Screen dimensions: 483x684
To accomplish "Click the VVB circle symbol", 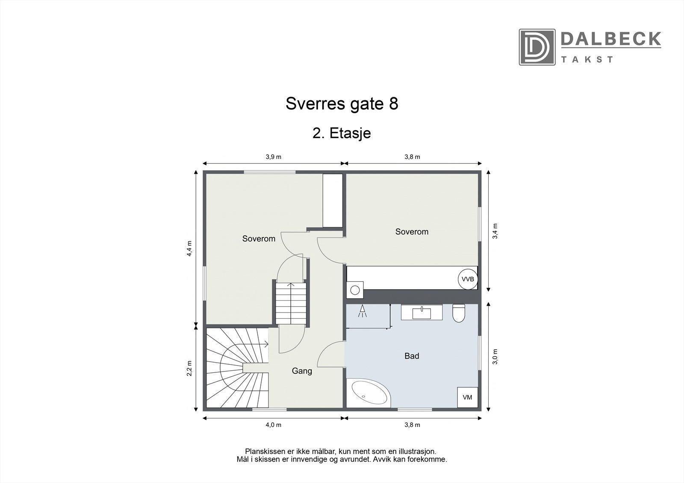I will pyautogui.click(x=468, y=279).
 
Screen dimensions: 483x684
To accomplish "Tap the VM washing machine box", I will pyautogui.click(x=467, y=397).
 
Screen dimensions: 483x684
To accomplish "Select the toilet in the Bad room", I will pyautogui.click(x=458, y=313).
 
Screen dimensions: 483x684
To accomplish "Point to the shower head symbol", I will pyautogui.click(x=363, y=311).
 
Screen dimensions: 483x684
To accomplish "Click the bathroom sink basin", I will pyautogui.click(x=422, y=312).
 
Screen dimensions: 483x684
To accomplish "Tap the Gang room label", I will pyautogui.click(x=302, y=371).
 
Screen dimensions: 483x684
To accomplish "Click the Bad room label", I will pyautogui.click(x=412, y=355).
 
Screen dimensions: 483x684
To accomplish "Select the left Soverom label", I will pyautogui.click(x=259, y=238).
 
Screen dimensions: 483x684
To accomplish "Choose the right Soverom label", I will pyautogui.click(x=412, y=231).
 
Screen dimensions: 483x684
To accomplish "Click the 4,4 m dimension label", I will pyautogui.click(x=189, y=249).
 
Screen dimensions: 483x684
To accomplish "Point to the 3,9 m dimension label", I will pyautogui.click(x=274, y=157).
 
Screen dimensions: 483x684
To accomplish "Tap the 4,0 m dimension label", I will pyautogui.click(x=274, y=424).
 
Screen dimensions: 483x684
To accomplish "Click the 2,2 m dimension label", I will pyautogui.click(x=189, y=368).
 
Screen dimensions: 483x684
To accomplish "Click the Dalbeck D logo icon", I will pyautogui.click(x=537, y=47).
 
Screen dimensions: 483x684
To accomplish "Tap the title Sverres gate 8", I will pyautogui.click(x=342, y=104).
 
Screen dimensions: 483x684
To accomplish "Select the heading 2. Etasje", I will pyautogui.click(x=342, y=133).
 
